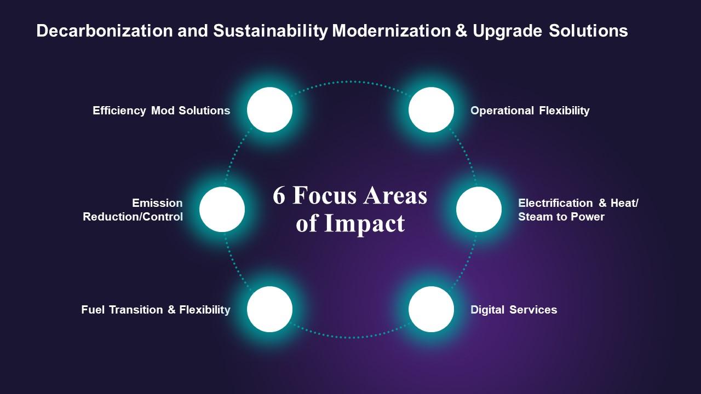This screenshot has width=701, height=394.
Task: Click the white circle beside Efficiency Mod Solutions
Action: pos(269,110)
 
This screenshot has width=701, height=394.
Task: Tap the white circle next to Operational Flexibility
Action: pos(431,110)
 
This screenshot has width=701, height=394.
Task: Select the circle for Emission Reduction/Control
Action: pos(222,210)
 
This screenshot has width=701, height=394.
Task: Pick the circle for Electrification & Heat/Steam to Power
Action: pos(479,210)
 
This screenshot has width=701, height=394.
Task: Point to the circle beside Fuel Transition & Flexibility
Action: pos(269,309)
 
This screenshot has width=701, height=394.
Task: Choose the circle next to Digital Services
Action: pos(431,309)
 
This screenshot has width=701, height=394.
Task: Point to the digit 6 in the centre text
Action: pos(279,196)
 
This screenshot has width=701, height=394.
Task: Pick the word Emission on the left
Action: pos(157,204)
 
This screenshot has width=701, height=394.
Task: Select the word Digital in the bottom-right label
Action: pos(487,310)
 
